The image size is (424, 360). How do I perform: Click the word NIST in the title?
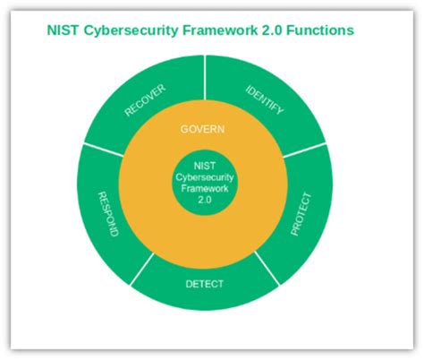click(x=62, y=30)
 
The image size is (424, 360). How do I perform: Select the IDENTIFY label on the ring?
click(x=264, y=99)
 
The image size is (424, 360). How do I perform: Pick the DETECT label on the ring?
click(x=204, y=284)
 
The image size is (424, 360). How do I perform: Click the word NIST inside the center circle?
click(x=204, y=164)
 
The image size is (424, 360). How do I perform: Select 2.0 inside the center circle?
click(x=204, y=198)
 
